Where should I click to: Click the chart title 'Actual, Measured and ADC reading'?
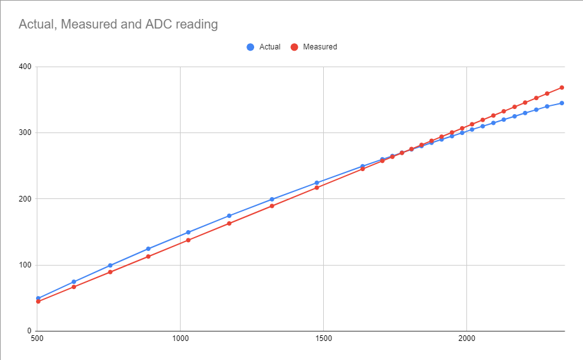(119, 25)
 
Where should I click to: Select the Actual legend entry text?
(270, 47)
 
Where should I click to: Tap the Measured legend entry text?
(320, 47)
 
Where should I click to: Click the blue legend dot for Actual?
(250, 47)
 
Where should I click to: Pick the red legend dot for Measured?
(294, 47)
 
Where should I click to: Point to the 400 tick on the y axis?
(25, 67)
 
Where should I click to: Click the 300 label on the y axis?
(25, 132)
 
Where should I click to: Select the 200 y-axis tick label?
(25, 199)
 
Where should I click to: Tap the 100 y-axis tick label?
(25, 265)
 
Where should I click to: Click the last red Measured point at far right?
(561, 87)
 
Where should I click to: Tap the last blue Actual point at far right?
(561, 103)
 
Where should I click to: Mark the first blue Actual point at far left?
(38, 298)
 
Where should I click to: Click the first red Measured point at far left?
(38, 301)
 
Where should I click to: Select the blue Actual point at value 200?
(272, 199)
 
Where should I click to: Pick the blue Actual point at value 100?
(110, 265)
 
